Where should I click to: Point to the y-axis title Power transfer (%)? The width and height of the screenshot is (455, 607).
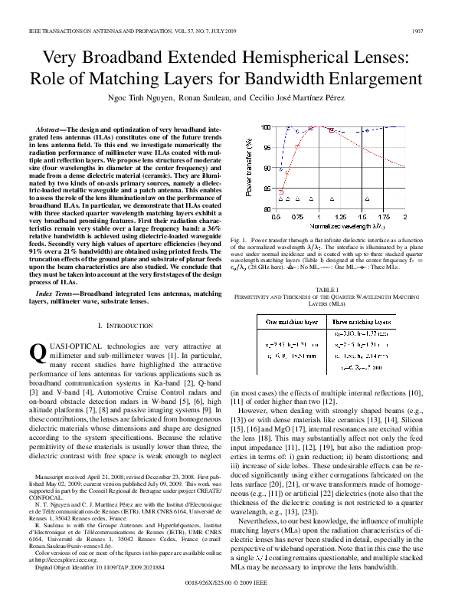[246, 166]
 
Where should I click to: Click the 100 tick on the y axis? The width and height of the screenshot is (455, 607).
[265, 126]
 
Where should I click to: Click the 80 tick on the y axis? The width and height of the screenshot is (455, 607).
[267, 208]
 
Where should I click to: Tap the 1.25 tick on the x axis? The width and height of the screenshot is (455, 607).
[339, 217]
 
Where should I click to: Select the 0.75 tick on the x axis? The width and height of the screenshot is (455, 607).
[296, 217]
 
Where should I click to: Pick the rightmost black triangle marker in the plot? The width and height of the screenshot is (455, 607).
[367, 198]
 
